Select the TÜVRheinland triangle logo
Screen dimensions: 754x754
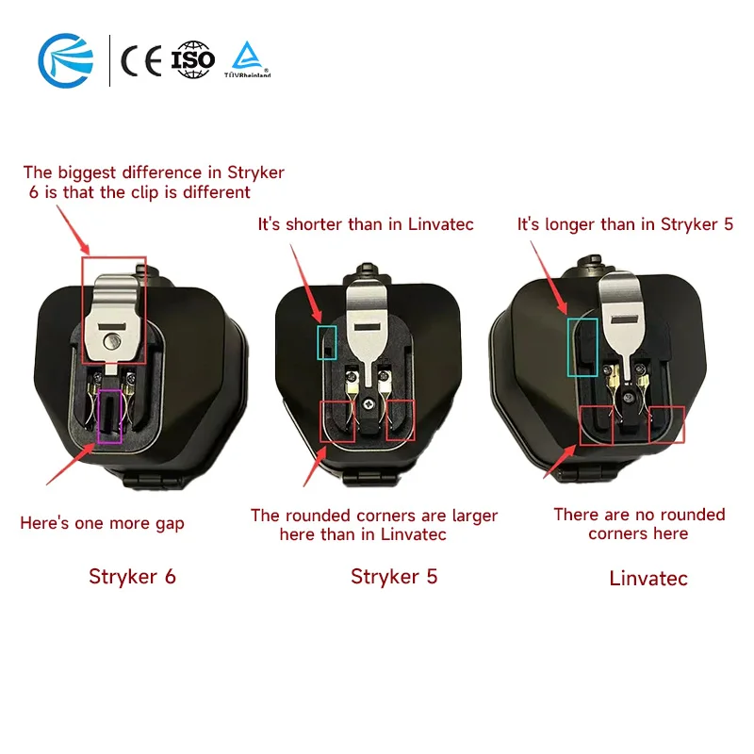click(247, 58)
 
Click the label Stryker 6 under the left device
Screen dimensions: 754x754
click(132, 576)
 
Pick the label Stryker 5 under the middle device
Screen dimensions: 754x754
click(394, 576)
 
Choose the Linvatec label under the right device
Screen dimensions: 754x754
click(648, 578)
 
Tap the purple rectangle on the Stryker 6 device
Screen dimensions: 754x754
click(110, 415)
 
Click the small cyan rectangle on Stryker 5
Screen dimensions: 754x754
click(326, 342)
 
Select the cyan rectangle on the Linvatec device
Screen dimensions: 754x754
click(582, 347)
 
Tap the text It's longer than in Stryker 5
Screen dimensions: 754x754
click(625, 224)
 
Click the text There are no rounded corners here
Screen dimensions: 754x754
click(639, 524)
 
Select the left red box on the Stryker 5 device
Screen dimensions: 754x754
click(338, 420)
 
